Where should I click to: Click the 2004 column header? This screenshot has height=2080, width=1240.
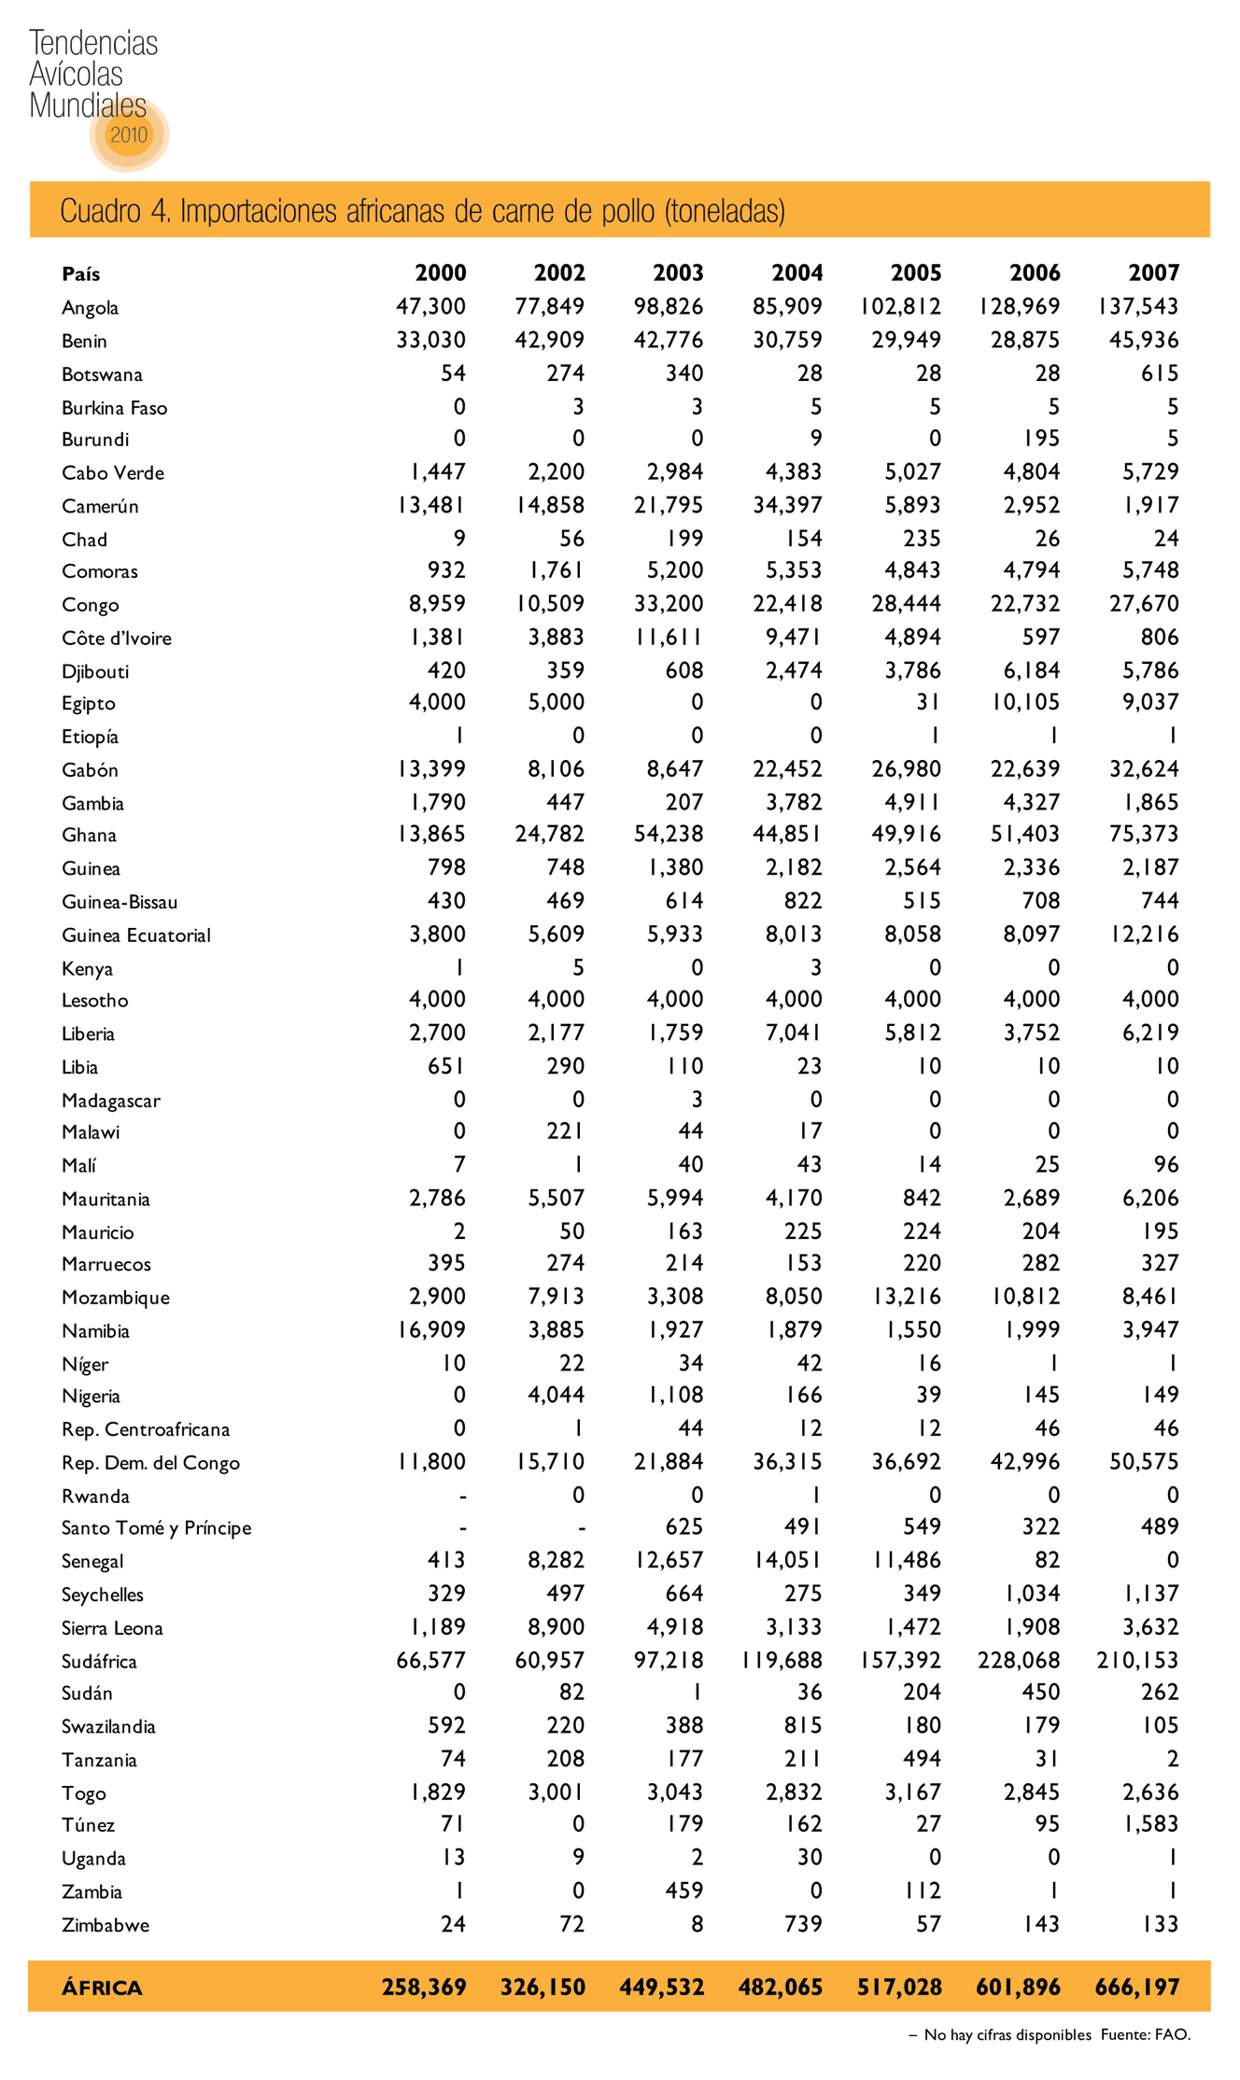click(796, 273)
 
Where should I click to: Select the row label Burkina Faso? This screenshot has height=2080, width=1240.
click(114, 408)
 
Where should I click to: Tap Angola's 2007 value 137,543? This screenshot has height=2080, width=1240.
click(1138, 307)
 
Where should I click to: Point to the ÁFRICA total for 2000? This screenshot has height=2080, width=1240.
click(424, 1987)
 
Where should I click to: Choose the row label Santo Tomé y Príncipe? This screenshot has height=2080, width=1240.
click(156, 1527)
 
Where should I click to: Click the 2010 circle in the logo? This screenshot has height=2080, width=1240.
click(129, 134)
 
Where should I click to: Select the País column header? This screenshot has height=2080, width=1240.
click(80, 274)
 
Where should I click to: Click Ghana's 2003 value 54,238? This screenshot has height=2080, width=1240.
click(669, 835)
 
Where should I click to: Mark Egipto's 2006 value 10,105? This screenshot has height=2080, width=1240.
click(1025, 702)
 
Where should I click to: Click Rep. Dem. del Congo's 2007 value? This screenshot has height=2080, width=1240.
click(1144, 1462)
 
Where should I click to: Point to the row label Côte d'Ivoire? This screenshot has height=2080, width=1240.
click(116, 639)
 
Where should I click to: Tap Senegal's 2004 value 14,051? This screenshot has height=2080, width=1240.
click(787, 1560)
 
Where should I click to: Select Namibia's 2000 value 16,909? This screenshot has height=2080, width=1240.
click(431, 1329)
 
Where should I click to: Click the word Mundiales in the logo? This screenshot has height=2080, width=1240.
click(88, 105)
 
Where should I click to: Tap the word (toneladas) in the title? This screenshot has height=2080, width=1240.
click(725, 211)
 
